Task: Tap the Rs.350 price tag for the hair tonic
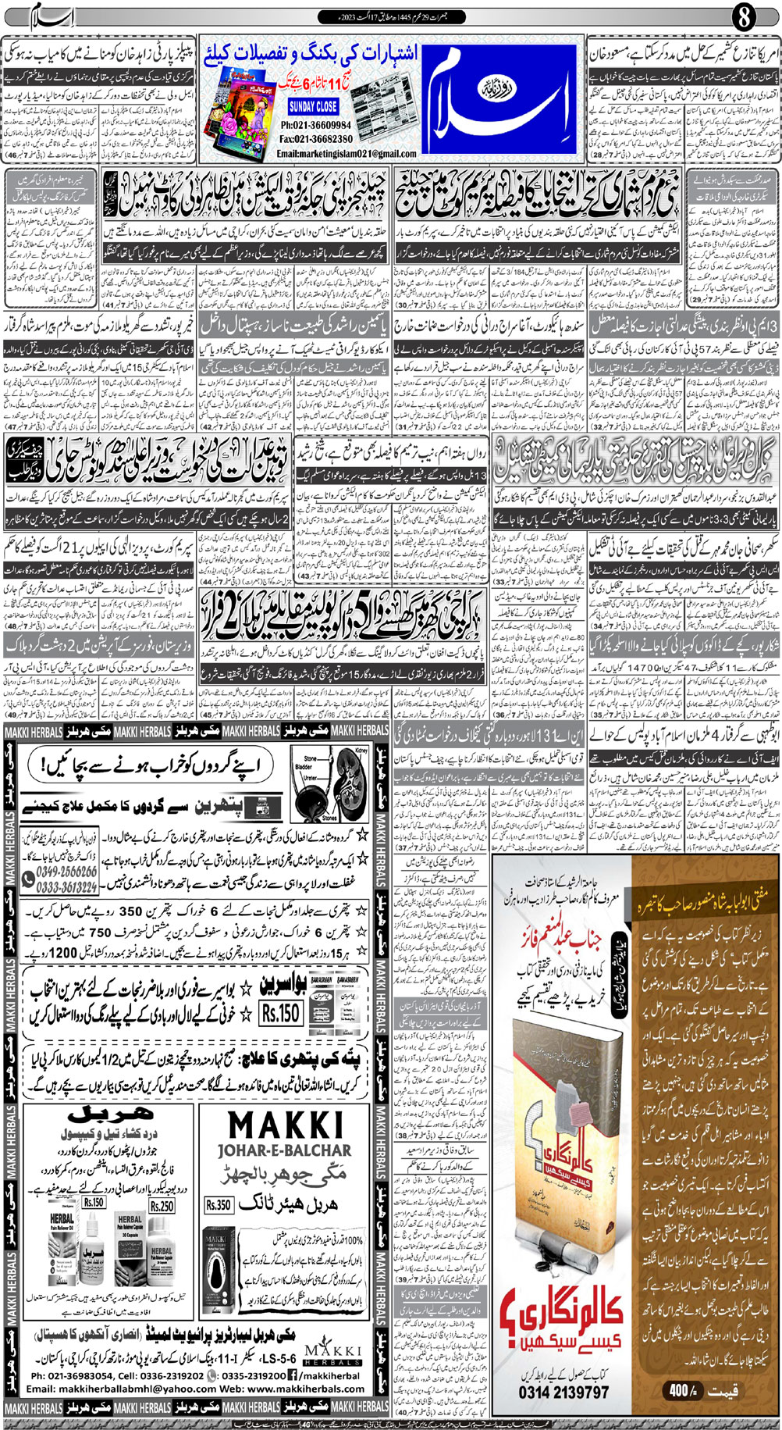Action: tap(219, 1204)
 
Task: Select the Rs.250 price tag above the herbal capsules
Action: tap(162, 1206)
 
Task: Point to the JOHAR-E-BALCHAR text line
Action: tap(286, 1150)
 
